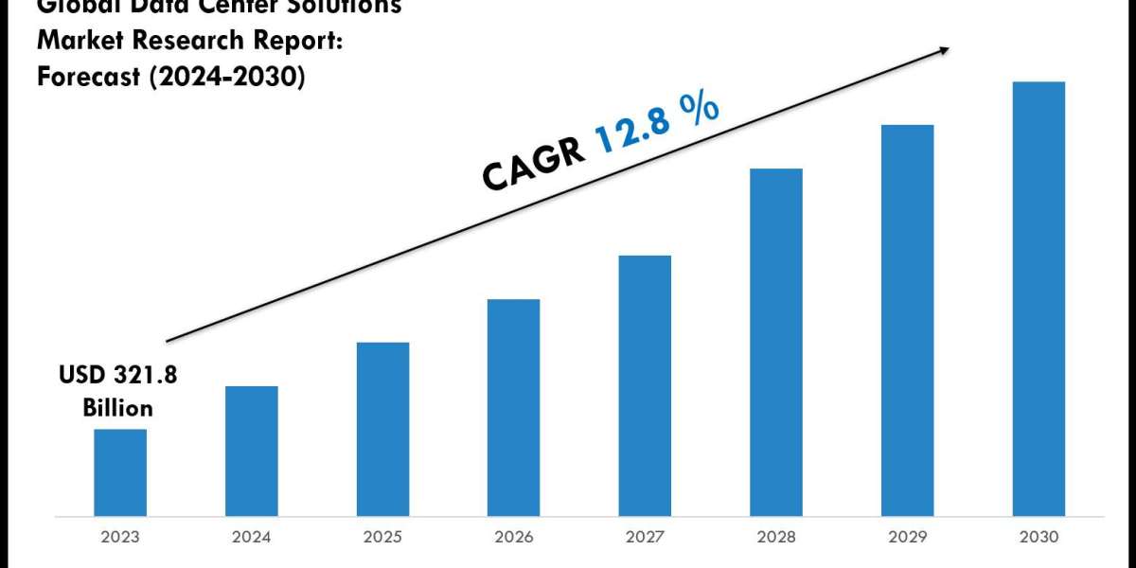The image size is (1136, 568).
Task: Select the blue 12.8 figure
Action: pos(636,129)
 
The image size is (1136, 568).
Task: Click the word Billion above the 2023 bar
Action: pos(117,408)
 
